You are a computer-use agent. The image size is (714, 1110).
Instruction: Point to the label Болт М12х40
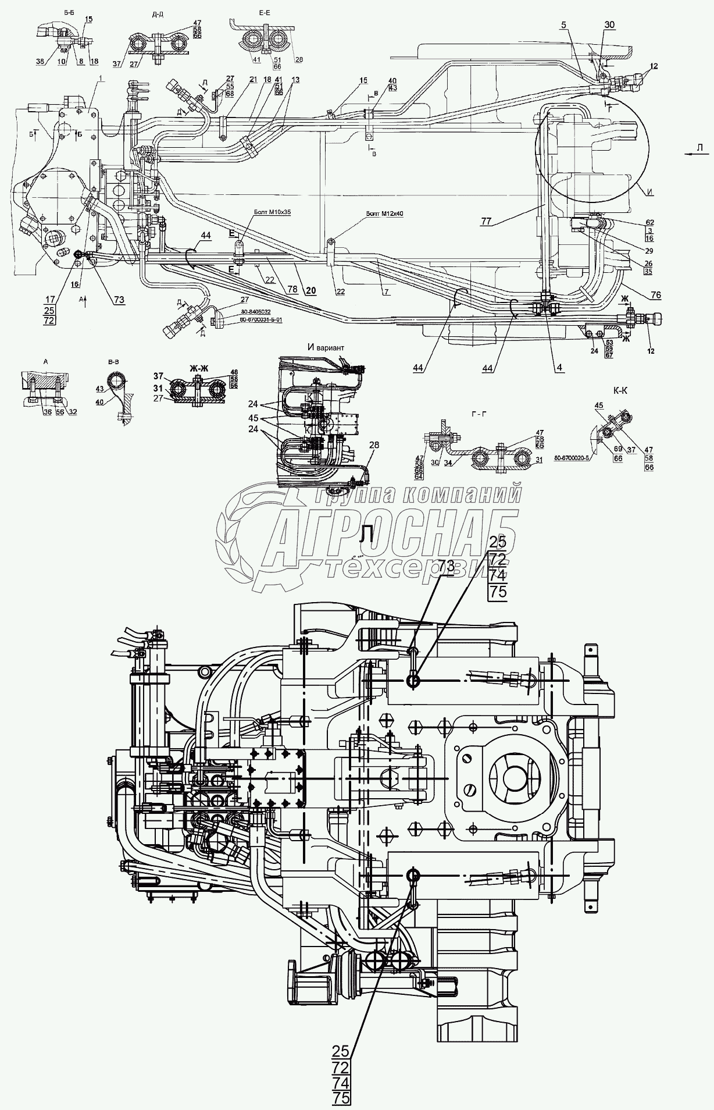385,214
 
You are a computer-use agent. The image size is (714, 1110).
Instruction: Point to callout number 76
655,295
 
